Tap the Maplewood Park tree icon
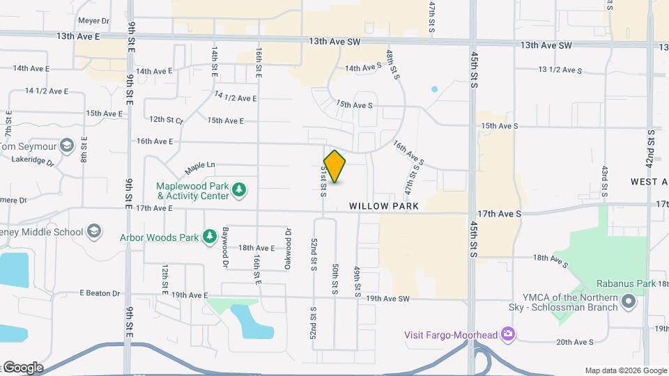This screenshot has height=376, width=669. coord(239,189)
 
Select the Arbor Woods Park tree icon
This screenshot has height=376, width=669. coord(208,237)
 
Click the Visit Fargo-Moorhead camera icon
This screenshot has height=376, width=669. coord(508,335)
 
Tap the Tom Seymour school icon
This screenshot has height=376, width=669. coord(66,146)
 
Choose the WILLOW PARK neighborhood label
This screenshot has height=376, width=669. coord(384,206)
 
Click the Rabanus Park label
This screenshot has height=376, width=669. coord(626,283)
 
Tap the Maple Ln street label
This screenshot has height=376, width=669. coord(200,168)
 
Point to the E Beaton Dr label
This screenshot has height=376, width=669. coord(100,293)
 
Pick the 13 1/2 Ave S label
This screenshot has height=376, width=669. coord(560,70)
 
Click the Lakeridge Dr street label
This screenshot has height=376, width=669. coord(33,159)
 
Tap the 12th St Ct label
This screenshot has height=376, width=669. coord(165,120)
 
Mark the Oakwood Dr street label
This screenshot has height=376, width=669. coord(287,241)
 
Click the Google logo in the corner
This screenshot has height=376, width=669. coord(23,367)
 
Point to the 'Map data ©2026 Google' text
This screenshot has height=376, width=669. coord(624,370)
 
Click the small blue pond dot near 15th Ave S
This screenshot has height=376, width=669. coord(435,89)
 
